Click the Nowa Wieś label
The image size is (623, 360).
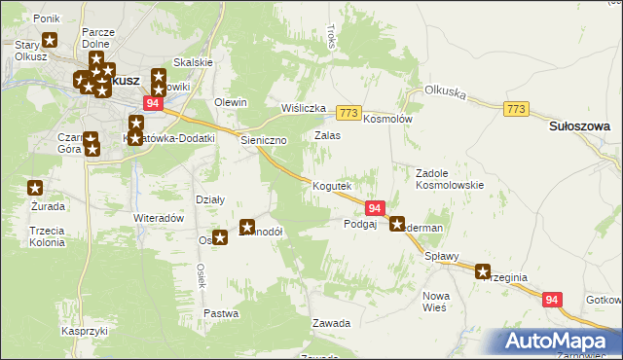[x=434, y=301]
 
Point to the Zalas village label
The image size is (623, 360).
[x=327, y=135]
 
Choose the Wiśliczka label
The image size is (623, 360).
[x=303, y=108]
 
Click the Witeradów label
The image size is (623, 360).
[x=159, y=218]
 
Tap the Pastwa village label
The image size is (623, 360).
[x=221, y=313]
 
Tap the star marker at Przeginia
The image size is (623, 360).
[x=483, y=272]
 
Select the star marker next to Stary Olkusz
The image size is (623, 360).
[x=51, y=41]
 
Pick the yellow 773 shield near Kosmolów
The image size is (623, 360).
[x=349, y=113]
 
